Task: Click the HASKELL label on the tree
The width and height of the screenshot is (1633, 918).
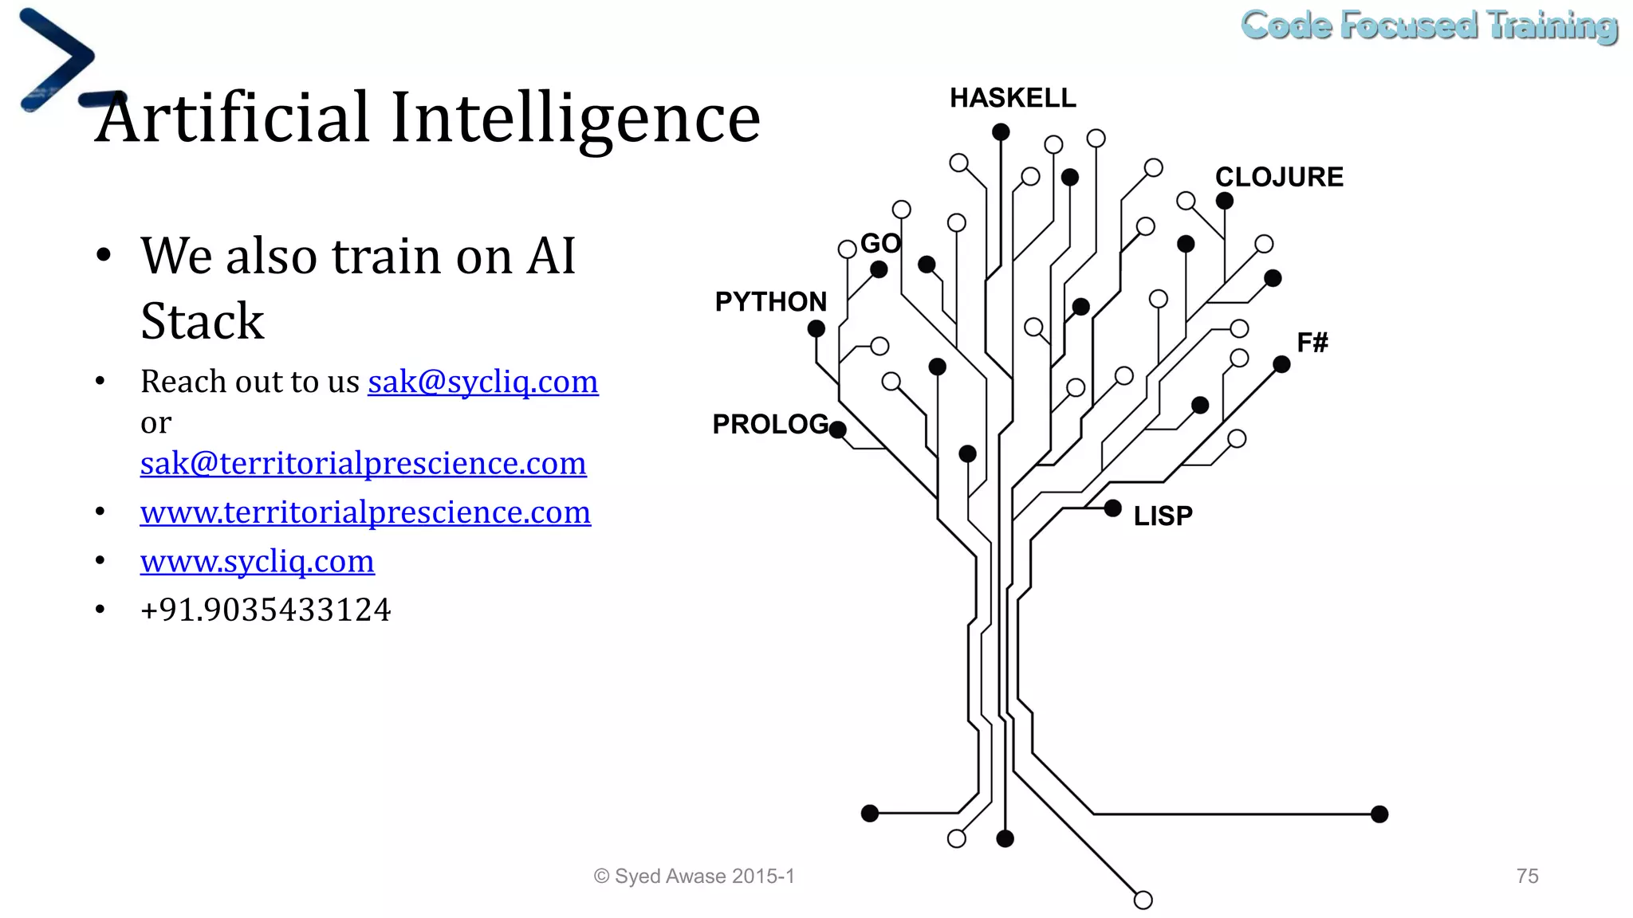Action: coord(1013,98)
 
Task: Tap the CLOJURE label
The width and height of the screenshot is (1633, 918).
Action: coord(1279,177)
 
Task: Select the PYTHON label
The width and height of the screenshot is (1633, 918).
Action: coord(770,302)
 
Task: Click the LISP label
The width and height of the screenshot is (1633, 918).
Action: coord(1163,516)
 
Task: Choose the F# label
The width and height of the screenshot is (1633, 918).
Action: coord(1312,343)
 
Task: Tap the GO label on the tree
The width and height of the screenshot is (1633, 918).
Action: coord(880,243)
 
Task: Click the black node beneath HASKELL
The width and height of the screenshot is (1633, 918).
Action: coord(1001,131)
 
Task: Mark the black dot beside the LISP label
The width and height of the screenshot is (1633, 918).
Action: coord(1113,508)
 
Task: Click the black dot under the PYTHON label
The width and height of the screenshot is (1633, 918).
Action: coord(816,328)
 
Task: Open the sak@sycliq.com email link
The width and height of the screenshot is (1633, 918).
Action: coord(482,382)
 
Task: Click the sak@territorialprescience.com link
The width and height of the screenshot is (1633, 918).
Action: coord(363,463)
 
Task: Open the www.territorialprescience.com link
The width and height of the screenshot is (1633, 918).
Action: coord(365,512)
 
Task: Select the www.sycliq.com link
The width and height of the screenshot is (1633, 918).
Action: coord(257,562)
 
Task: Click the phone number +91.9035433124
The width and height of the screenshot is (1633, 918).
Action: coord(266,610)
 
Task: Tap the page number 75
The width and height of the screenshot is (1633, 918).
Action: coord(1527,876)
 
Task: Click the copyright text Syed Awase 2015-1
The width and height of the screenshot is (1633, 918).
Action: coord(694,876)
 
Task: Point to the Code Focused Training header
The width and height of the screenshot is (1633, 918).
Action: coord(1429,25)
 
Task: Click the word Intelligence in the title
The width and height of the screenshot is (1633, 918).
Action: coord(575,118)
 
